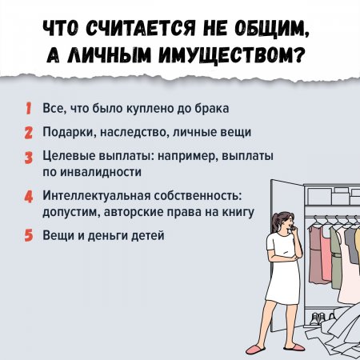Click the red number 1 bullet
(x=28, y=109)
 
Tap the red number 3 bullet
(x=29, y=158)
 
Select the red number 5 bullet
(x=29, y=235)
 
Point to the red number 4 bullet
(x=29, y=197)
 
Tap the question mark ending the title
(x=299, y=55)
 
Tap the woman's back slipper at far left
(x=255, y=350)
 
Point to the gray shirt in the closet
(x=350, y=246)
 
